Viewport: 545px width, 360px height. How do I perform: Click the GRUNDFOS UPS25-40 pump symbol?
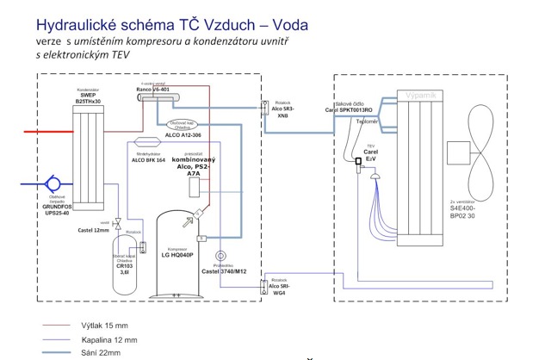51,183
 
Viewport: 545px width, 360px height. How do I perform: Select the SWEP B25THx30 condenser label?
88,97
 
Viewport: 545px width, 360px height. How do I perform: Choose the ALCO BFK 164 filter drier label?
148,160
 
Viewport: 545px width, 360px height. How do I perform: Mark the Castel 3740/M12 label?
223,271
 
